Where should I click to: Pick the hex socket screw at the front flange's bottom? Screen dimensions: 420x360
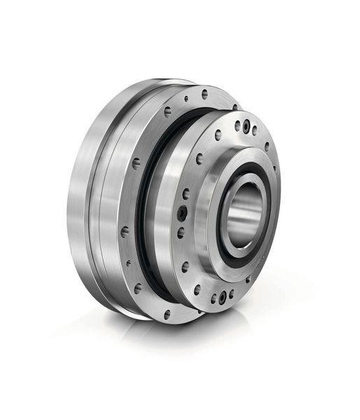click(x=223, y=297)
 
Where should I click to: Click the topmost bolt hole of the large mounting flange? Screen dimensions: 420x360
click(x=205, y=92)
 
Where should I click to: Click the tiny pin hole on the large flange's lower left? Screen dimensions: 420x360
click(x=128, y=264)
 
